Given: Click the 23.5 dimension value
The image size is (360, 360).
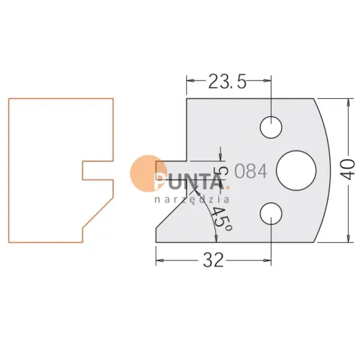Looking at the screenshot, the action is point(227,81).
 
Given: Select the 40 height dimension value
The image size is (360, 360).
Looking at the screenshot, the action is point(348,169).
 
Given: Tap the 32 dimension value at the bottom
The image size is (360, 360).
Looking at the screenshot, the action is point(213,259).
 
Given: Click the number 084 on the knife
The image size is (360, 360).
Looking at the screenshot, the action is point(251,172).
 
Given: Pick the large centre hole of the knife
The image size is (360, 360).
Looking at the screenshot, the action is point(296,170).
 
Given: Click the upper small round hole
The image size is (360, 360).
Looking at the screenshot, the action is point(271,127).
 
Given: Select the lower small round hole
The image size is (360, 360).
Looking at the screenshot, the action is point(271,214).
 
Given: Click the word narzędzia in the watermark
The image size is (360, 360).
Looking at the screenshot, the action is point(192,199).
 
